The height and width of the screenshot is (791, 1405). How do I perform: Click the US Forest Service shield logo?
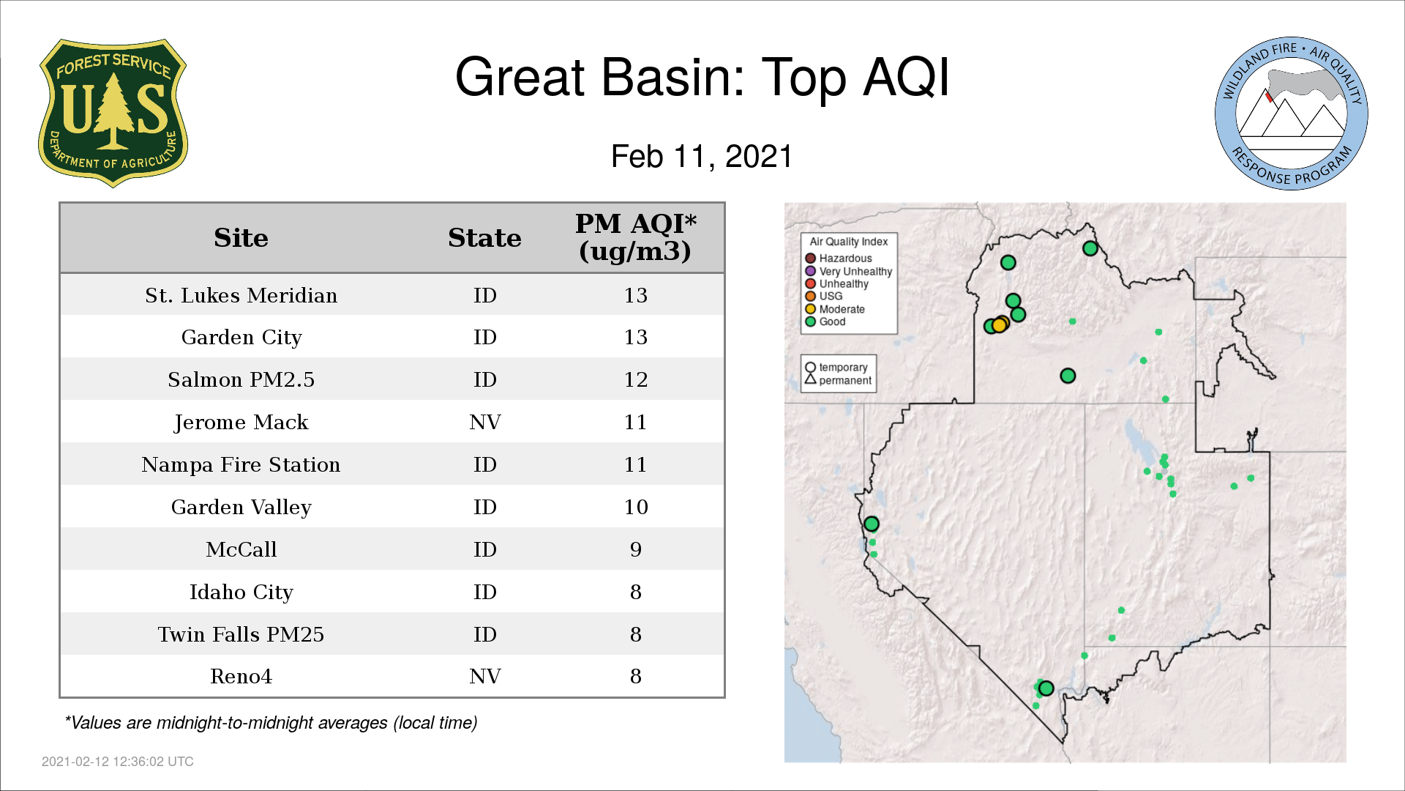point(113,113)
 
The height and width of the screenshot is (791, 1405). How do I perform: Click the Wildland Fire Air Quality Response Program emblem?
point(1291,114)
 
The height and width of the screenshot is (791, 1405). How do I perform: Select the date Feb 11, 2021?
point(702,157)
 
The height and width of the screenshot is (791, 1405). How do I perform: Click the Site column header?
point(241,238)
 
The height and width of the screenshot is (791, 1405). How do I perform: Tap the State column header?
point(484,238)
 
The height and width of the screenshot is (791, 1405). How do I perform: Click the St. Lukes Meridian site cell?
point(241,295)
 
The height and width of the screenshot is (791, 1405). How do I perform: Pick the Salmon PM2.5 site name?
point(241,379)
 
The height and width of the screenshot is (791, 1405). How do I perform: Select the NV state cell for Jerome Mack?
point(485,422)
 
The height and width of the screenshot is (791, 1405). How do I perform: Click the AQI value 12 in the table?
point(636,379)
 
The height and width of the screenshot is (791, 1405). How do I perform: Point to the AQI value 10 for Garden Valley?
point(636,507)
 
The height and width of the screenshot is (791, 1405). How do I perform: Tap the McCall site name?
point(241,549)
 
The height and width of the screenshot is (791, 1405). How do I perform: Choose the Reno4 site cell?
point(241,676)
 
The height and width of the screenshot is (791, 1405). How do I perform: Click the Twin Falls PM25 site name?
point(241,634)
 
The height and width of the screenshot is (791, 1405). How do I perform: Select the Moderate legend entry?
point(835,309)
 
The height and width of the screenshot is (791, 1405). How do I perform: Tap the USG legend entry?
point(824,296)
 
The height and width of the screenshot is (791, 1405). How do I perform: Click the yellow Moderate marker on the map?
point(999,325)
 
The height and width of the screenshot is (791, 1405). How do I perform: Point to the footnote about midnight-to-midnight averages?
point(271,723)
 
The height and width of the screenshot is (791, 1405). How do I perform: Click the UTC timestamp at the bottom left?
point(118,762)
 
